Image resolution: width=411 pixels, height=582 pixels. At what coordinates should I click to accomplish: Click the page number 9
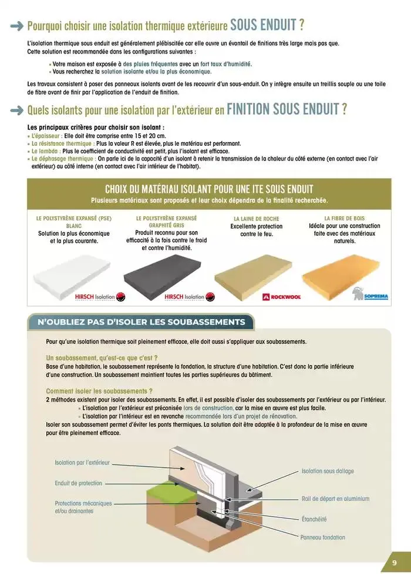394,563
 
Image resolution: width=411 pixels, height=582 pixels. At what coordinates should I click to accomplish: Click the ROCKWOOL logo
281,297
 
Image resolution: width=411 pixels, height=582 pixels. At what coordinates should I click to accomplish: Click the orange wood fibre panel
344,269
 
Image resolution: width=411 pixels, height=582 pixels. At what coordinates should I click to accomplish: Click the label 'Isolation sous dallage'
328,471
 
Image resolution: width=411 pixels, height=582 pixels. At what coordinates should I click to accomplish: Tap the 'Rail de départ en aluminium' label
335,499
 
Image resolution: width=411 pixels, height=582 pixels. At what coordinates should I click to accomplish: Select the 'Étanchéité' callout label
314,519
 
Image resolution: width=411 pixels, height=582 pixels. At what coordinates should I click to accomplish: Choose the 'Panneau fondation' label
322,537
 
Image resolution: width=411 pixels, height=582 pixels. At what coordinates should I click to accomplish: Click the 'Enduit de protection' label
78,483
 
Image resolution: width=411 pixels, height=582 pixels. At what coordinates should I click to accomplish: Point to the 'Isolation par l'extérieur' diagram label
82,463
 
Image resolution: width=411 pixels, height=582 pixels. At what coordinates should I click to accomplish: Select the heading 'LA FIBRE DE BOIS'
344,218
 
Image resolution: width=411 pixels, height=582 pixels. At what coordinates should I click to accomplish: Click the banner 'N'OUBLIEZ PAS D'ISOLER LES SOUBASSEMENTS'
141,322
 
